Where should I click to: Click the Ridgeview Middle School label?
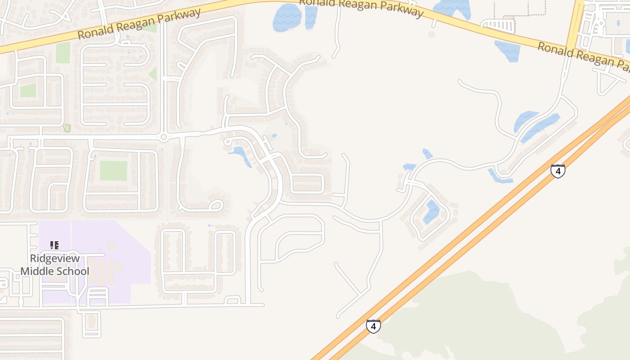point(55,265)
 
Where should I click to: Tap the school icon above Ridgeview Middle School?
point(54,245)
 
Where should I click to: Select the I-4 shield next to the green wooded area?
point(373,326)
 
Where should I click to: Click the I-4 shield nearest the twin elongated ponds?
point(558,171)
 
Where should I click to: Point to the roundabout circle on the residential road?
point(164,137)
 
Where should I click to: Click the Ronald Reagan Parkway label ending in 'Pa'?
point(583,56)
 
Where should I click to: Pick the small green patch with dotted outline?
point(67,128)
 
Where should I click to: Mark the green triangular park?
point(153,73)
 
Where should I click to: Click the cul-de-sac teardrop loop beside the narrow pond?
point(227,142)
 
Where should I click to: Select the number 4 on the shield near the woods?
point(373,326)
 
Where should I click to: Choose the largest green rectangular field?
point(113,171)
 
